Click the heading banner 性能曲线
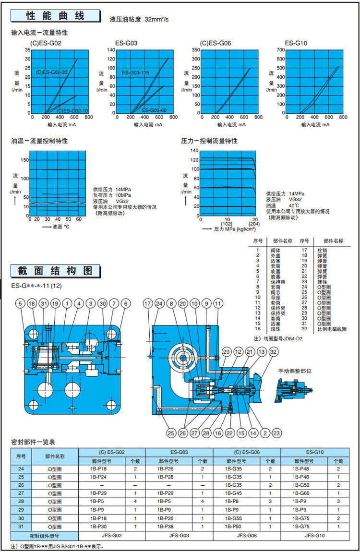coord(55,16)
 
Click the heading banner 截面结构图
coord(55,271)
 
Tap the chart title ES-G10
coord(296,43)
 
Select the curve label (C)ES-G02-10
coord(72,111)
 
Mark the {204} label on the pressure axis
coord(254,223)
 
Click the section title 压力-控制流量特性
coord(209,141)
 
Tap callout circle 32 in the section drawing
coord(274,352)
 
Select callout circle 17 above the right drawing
coord(147,303)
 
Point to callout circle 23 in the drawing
coord(276,433)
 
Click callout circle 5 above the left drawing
coord(20,303)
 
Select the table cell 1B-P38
coord(166,527)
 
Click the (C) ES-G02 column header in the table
coord(111,452)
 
